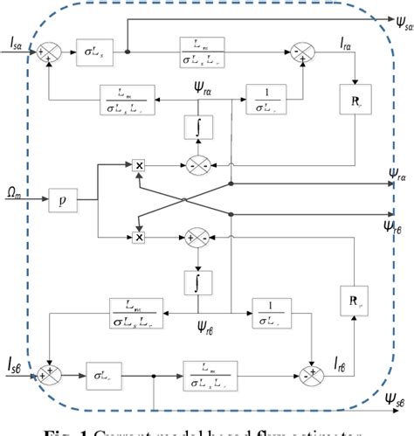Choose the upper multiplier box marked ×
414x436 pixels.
[x=139, y=163]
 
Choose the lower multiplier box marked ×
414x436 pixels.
[x=139, y=237]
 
